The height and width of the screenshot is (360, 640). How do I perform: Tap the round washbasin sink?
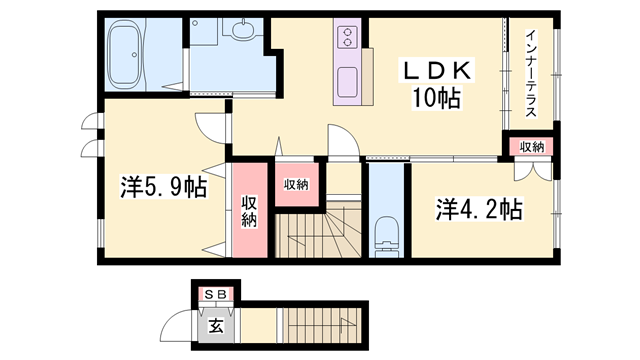(x=243, y=28)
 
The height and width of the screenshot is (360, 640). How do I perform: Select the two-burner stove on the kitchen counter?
(x=347, y=37)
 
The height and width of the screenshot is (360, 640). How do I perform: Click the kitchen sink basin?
(x=347, y=82)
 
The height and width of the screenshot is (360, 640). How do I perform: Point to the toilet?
(x=386, y=236)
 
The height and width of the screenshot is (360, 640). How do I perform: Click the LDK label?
(x=437, y=71)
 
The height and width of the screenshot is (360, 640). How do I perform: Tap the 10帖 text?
(x=436, y=98)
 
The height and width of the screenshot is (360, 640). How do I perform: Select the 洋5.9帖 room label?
(x=163, y=187)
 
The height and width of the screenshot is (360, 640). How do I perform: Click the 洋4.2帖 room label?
(x=479, y=209)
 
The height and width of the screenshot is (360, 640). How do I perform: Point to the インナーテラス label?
(x=531, y=74)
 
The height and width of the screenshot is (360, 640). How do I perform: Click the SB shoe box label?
(x=215, y=294)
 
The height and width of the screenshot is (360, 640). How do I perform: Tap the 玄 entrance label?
(x=216, y=326)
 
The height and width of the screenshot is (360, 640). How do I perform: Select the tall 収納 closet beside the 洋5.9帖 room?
(x=249, y=210)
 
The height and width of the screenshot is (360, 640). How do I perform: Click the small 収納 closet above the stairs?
(x=296, y=184)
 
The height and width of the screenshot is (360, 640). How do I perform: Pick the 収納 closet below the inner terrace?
(x=532, y=147)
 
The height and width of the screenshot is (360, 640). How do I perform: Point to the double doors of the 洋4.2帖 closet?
(x=533, y=172)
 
